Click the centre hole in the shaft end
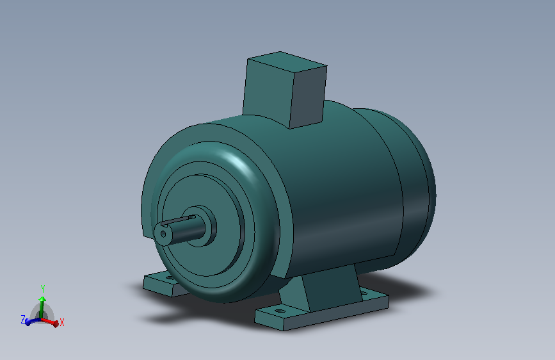click(x=163, y=234)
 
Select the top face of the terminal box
click(x=287, y=61)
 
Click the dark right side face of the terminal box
click(x=308, y=97)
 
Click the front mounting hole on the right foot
click(x=280, y=311)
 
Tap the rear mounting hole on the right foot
click(x=364, y=293)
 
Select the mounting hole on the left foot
click(x=169, y=278)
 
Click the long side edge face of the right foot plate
click(x=336, y=313)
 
